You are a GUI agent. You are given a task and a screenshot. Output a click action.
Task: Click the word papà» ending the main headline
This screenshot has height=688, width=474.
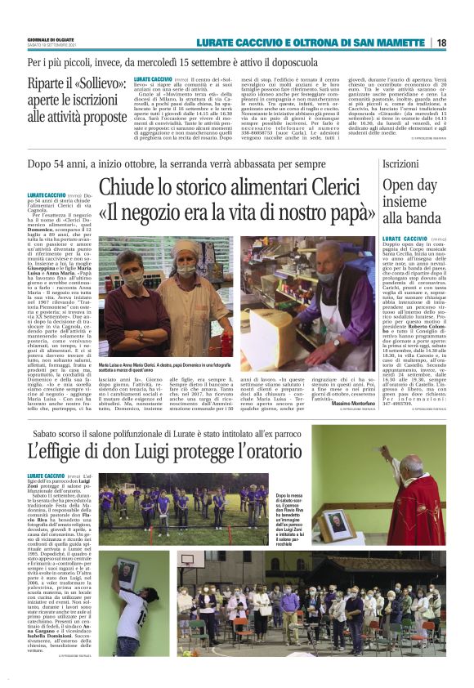(349, 212)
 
